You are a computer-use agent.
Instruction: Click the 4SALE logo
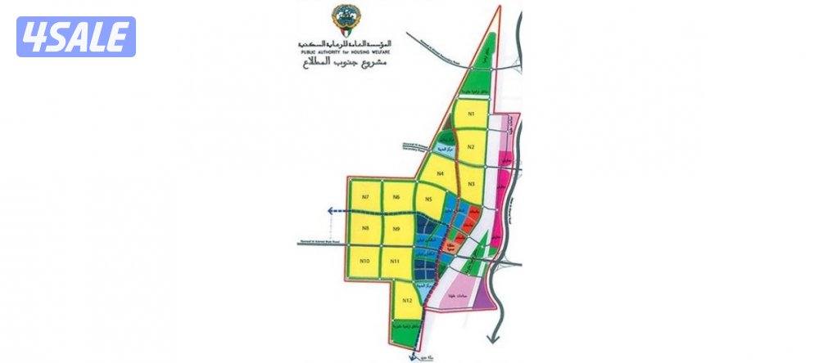click(76, 37)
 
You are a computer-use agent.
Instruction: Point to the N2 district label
click(471, 147)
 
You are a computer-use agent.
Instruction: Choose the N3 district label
click(471, 184)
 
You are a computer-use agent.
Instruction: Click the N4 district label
click(441, 173)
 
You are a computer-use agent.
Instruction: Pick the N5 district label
click(428, 199)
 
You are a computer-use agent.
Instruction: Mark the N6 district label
click(396, 197)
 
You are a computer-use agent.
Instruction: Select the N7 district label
click(366, 197)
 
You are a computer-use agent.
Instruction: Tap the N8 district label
click(366, 228)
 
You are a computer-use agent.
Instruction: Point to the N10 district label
click(365, 261)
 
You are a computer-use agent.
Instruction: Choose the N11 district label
click(396, 261)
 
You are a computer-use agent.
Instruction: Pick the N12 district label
click(407, 302)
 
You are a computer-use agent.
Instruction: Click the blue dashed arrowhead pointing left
click(329, 212)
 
